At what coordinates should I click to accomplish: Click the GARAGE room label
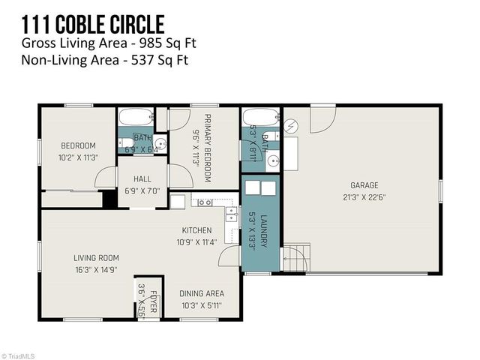coord(364,185)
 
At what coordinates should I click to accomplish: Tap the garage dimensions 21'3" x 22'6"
coord(364,197)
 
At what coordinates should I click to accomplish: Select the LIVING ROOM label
coord(96,258)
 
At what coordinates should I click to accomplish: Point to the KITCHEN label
coord(196,230)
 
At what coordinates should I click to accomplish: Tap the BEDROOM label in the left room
coord(78,145)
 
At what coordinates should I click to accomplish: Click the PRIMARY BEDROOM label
coord(207,149)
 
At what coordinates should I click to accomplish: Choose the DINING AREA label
coord(201,293)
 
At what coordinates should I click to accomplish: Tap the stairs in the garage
coord(296,259)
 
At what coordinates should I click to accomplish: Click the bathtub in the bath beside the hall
coord(136,117)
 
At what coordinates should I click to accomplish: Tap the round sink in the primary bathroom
coord(273,159)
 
